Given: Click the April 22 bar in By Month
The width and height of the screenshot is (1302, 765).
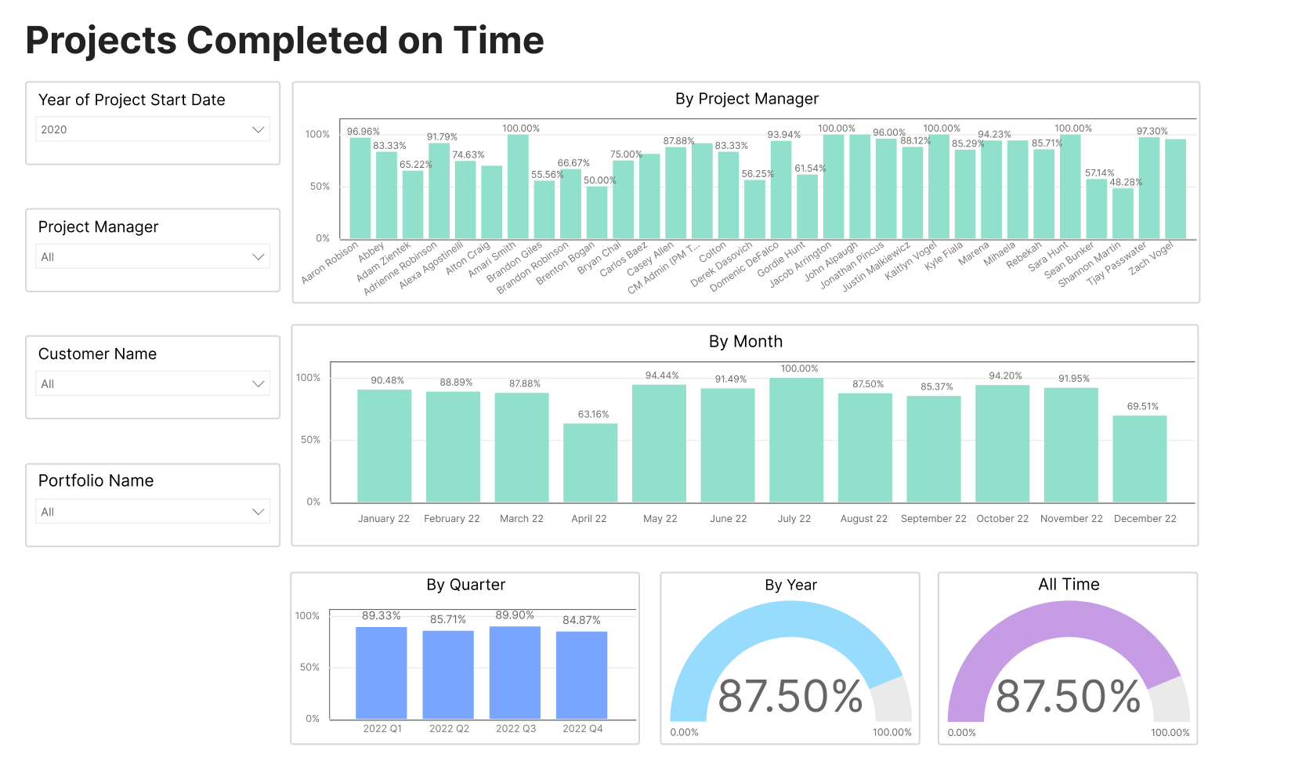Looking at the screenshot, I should [590, 462].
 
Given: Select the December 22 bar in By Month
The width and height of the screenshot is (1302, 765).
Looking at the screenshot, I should [1139, 459].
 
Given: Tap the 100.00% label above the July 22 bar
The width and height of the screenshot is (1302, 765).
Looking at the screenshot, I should [799, 368].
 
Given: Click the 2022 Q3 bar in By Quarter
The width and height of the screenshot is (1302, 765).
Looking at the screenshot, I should [515, 673].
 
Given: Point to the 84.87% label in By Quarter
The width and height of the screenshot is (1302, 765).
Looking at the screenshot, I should [581, 620].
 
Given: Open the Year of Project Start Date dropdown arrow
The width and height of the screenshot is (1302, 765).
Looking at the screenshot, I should [258, 129].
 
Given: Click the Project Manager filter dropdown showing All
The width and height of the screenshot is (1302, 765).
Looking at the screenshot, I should [153, 257].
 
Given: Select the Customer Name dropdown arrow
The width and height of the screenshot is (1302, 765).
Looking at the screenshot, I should [258, 384].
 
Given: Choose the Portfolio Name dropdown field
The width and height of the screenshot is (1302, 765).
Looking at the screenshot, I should [153, 512].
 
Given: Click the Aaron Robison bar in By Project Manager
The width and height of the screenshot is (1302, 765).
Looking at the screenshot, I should [360, 188].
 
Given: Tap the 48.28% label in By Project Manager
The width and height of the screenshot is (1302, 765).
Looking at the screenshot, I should [1126, 182].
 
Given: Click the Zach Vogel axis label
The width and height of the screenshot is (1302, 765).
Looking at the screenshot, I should [1151, 258].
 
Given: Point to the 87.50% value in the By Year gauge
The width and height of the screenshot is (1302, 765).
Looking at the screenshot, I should [790, 696].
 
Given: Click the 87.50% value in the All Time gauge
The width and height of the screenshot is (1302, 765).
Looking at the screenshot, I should [1068, 696].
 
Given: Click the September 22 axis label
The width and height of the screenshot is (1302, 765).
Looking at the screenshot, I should [933, 519].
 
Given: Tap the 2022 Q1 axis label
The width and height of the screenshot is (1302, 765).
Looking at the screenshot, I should [382, 729].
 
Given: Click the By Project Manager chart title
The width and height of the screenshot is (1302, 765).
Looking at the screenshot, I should [746, 99].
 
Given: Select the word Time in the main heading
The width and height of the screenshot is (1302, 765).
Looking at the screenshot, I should [498, 41].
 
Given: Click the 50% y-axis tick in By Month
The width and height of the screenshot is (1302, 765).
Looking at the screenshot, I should [310, 440].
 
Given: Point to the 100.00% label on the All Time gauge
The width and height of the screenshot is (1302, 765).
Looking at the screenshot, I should [1170, 733].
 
